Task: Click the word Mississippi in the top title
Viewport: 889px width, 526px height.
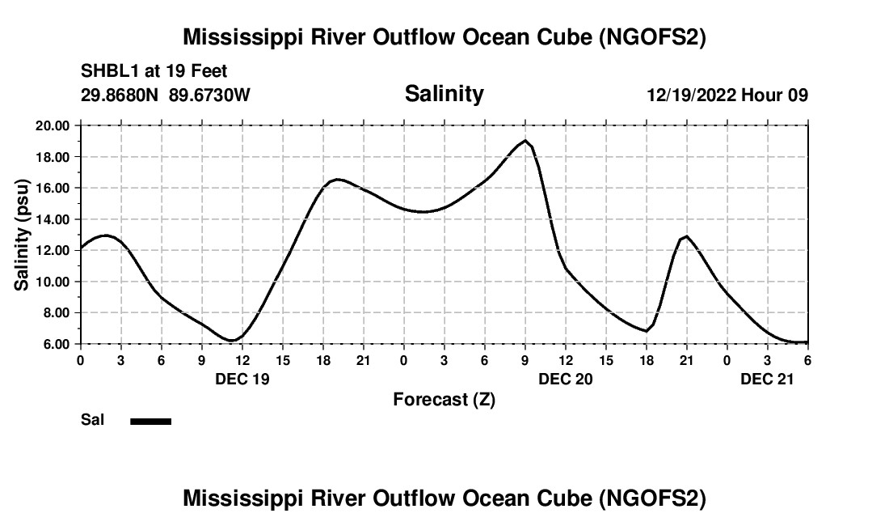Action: [237, 37]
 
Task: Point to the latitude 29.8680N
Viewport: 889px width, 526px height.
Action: [120, 95]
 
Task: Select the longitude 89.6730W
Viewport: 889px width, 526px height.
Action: [210, 95]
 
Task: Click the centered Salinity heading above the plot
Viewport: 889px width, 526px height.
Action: [444, 94]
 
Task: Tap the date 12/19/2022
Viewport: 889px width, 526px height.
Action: [691, 95]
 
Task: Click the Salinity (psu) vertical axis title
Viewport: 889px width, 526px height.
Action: [22, 235]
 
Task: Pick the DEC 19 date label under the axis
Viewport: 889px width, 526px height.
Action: [242, 378]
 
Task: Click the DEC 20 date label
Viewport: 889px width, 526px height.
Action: [566, 378]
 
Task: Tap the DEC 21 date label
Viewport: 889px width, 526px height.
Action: [768, 378]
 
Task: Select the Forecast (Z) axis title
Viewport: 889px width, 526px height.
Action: [444, 399]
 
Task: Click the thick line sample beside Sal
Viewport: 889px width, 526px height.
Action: [151, 421]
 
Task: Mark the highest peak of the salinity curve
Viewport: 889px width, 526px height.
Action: [525, 141]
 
